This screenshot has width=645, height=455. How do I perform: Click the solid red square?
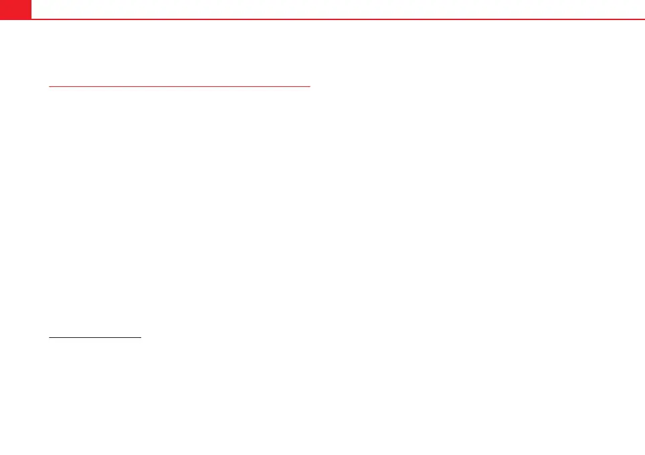coord(15,9)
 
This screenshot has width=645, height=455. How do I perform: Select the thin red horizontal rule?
coord(180,86)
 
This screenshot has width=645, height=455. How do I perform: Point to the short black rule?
coord(95,338)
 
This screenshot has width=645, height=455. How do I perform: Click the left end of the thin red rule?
coord(49,86)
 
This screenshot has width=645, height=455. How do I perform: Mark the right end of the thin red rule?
coord(311,86)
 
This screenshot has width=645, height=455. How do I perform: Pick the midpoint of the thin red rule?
coord(180,86)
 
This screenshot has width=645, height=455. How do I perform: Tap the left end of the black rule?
coord(49,338)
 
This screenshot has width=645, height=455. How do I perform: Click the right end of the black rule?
coord(141,338)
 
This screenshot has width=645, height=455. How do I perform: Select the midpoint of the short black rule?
coord(95,338)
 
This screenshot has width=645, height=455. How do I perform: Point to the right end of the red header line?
coord(644,19)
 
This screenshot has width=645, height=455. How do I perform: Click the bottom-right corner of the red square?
coord(31,19)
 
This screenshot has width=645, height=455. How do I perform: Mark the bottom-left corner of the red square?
coord(0,19)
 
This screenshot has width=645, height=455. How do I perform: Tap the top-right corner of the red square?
coord(31,0)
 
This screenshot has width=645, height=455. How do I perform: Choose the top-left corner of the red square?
coord(0,0)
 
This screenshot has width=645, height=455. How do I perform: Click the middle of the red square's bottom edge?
coord(15,19)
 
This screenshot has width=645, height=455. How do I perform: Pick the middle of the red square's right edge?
coord(31,9)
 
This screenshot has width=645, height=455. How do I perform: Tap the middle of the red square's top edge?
coord(15,0)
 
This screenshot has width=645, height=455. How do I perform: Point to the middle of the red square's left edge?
coord(0,9)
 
